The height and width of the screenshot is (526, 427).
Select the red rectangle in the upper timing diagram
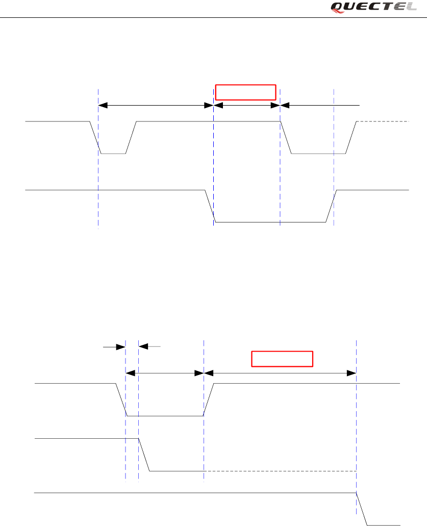[x=245, y=92]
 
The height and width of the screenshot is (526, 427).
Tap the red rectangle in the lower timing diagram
[x=282, y=359]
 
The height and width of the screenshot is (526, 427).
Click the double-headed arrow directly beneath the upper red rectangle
[x=247, y=105]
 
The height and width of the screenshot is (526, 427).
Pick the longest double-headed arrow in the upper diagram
[x=155, y=105]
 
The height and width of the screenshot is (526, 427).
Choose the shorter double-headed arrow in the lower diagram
[x=164, y=373]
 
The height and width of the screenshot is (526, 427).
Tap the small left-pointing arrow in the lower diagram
[x=150, y=347]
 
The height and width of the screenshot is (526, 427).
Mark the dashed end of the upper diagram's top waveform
[x=383, y=122]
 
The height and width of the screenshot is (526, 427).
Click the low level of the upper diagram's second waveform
[x=270, y=222]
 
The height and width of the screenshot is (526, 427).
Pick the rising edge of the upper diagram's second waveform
[x=331, y=206]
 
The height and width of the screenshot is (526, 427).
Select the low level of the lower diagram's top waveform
[x=165, y=416]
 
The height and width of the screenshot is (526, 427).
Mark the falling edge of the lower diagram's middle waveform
[x=144, y=455]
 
